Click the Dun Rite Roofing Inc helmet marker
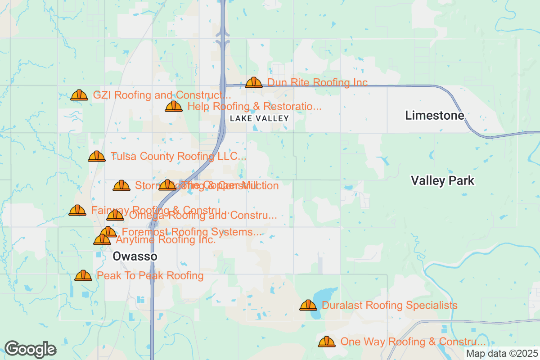(254, 82)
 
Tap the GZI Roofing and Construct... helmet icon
(80, 95)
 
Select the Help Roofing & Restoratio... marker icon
(174, 107)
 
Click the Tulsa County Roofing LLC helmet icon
(97, 156)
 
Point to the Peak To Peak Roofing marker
(83, 275)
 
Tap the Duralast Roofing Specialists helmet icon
(308, 305)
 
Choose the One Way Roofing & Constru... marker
(327, 342)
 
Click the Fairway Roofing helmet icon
(77, 210)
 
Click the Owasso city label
(135, 256)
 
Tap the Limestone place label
(434, 116)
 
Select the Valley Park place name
(442, 181)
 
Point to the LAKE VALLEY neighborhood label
(259, 118)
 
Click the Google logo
(31, 349)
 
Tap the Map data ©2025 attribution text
(502, 354)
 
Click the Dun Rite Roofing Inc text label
(317, 82)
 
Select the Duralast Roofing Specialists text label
(389, 306)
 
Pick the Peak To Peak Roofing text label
(150, 275)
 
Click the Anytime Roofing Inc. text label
(166, 240)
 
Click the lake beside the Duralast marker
(325, 297)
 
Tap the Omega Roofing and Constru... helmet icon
(115, 216)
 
